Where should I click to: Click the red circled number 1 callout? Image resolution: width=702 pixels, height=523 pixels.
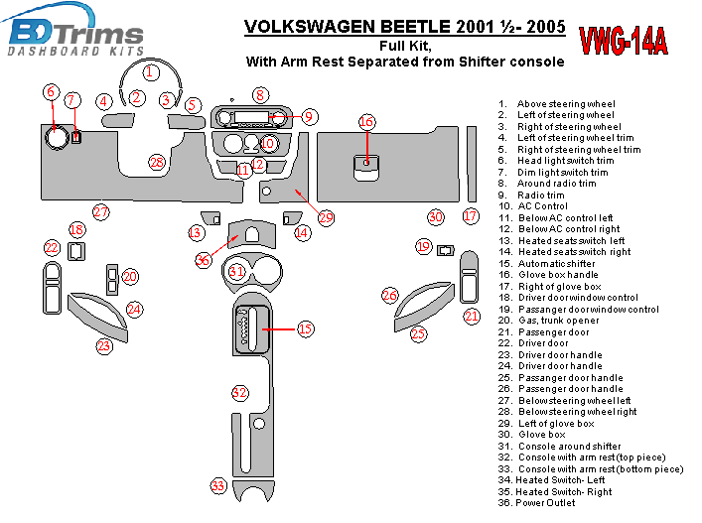[x=149, y=71]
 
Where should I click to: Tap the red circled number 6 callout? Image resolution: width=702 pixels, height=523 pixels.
[x=50, y=92]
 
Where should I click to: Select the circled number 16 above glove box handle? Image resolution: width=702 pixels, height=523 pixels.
[x=366, y=122]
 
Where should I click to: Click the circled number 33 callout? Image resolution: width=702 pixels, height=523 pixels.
[x=218, y=485]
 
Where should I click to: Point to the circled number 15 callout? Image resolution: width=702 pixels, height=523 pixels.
[x=305, y=327]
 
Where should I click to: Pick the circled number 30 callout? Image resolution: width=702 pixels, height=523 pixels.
[x=435, y=216]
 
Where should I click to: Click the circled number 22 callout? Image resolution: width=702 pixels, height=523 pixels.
[x=52, y=247]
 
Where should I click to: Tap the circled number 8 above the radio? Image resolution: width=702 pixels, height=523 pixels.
[x=259, y=95]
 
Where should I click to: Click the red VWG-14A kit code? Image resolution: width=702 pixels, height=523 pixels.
[x=624, y=43]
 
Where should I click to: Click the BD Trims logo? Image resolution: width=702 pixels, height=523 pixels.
[x=74, y=32]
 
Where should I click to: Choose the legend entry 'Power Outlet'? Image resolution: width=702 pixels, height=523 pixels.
[x=544, y=503]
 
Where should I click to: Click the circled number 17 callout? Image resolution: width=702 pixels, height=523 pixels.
[x=471, y=215]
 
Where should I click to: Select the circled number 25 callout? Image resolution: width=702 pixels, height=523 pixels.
[x=418, y=334]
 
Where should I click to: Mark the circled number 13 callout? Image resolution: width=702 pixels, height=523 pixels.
[x=197, y=232]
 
